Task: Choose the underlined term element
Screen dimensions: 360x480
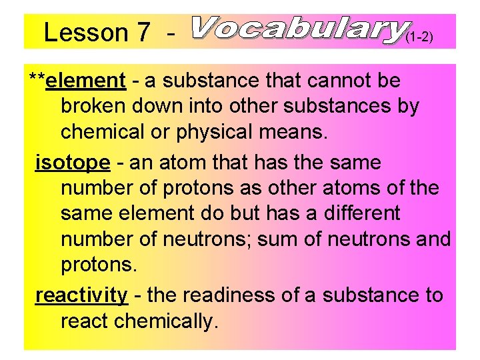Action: click(x=87, y=81)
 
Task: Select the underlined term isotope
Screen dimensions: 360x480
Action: click(x=72, y=162)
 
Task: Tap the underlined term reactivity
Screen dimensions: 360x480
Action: click(x=81, y=295)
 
